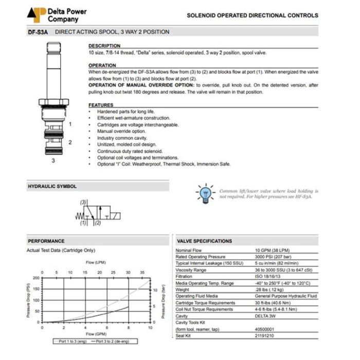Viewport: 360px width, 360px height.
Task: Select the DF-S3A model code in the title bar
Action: [x=38, y=32]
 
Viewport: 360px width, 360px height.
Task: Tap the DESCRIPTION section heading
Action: [x=104, y=46]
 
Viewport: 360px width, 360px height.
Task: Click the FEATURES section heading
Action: [x=101, y=105]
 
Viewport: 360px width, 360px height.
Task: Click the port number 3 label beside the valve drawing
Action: [x=53, y=160]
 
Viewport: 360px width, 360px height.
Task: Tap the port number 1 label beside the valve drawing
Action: [x=70, y=124]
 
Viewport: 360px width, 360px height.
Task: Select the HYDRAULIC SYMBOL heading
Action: [x=52, y=186]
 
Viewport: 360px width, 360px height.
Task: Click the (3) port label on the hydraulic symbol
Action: [x=83, y=203]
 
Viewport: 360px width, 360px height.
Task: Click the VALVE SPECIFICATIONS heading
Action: [x=205, y=241]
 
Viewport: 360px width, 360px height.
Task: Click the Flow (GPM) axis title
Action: [x=96, y=334]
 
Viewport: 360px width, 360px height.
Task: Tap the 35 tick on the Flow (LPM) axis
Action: [x=142, y=272]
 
